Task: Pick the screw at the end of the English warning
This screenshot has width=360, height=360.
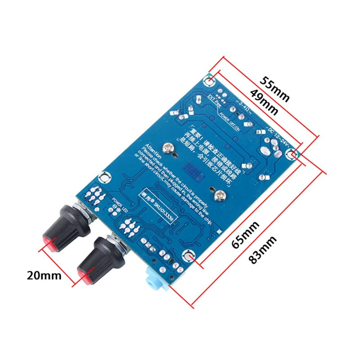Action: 220,194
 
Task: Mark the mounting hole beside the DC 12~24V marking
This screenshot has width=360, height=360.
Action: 295,155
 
